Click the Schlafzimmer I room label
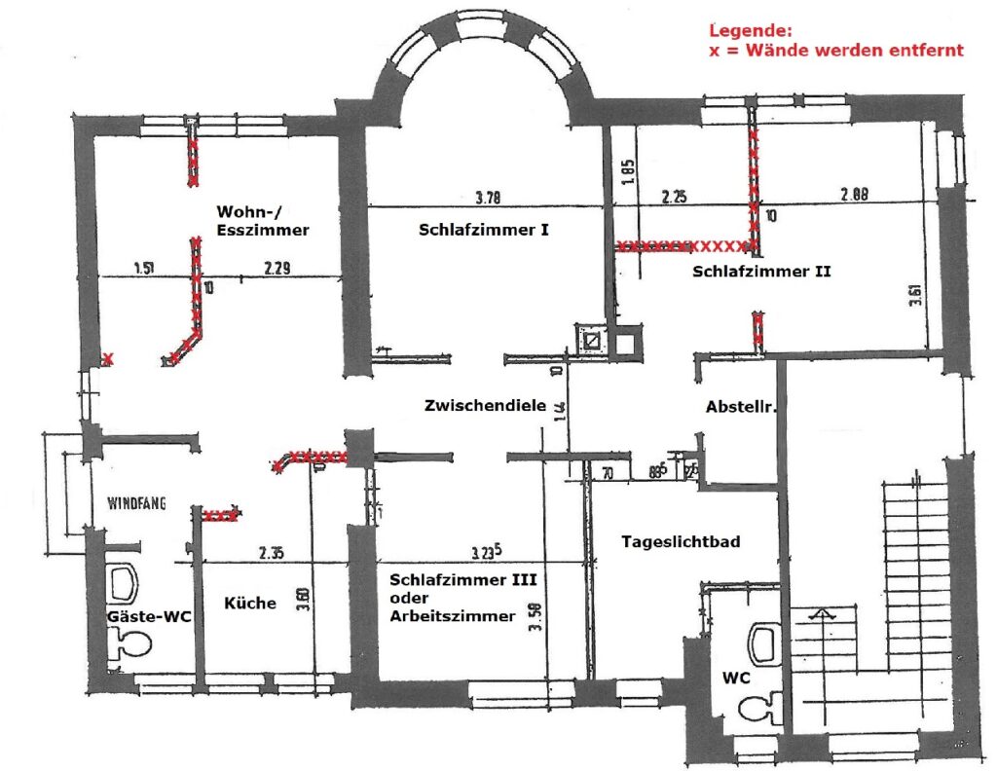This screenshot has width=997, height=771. click(x=485, y=231)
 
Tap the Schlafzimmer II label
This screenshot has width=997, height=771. click(x=761, y=273)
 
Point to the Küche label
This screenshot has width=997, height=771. click(x=250, y=603)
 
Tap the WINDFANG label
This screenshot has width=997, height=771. click(x=137, y=503)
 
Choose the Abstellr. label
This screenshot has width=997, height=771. click(x=740, y=408)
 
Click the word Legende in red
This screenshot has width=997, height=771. click(x=744, y=31)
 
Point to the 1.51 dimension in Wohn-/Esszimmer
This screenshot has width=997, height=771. click(x=146, y=268)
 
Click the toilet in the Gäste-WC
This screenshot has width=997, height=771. click(x=131, y=642)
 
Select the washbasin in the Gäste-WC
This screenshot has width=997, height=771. click(x=124, y=582)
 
